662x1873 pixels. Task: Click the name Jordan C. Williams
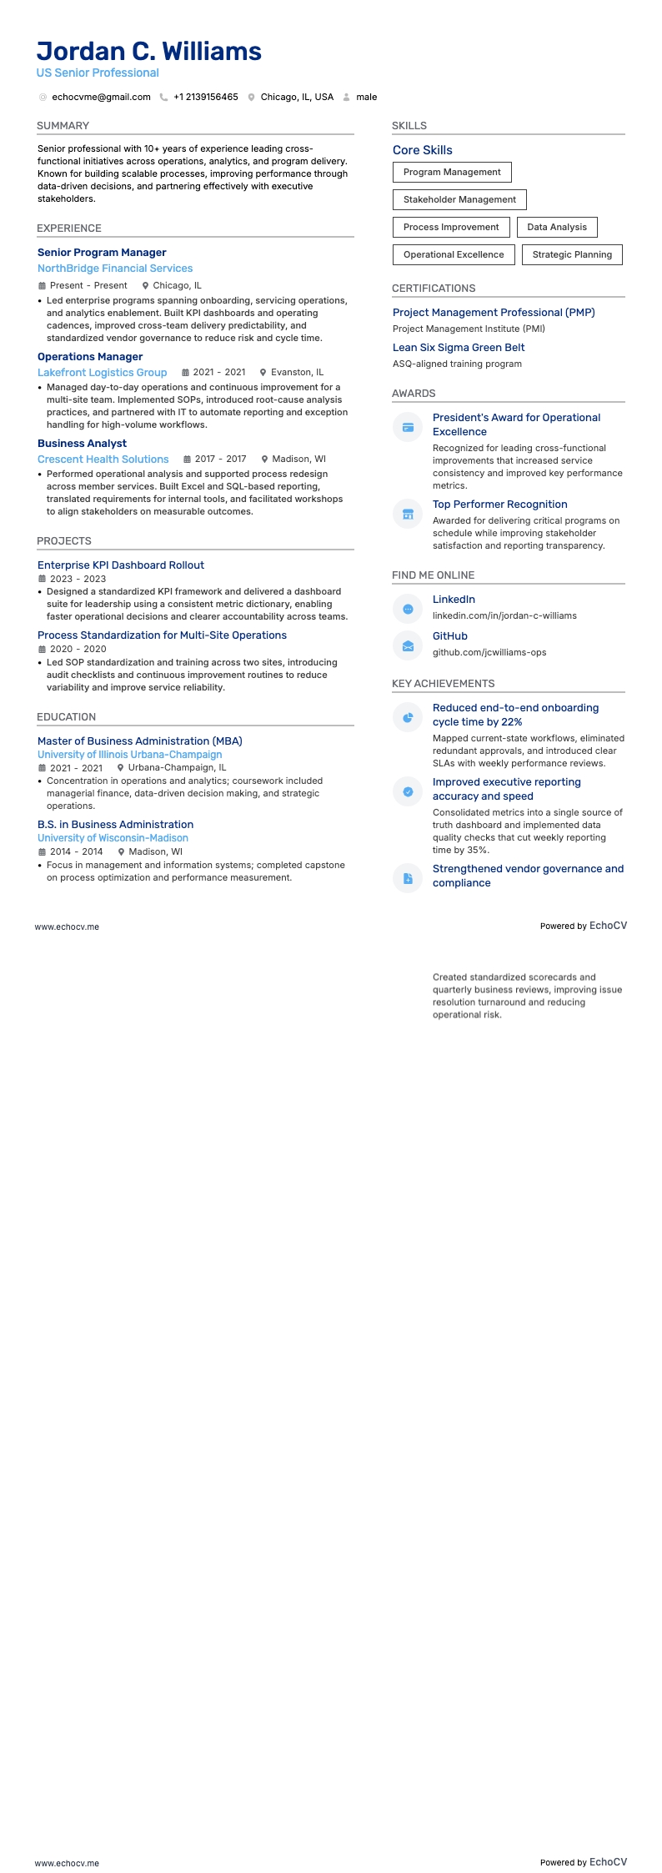[149, 52]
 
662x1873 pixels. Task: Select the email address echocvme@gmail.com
[101, 98]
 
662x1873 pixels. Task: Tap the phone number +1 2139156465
[205, 98]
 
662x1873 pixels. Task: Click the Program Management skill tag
[452, 173]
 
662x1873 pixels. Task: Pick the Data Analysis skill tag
[557, 227]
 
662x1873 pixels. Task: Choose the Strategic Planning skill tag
[572, 254]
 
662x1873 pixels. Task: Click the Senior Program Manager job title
[102, 253]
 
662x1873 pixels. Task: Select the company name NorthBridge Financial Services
[115, 269]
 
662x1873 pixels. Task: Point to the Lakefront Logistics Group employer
[102, 373]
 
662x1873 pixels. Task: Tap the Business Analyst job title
[82, 444]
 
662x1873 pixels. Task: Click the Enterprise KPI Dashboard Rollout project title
[121, 565]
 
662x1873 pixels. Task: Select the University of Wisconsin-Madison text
[113, 838]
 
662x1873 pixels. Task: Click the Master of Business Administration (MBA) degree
[140, 741]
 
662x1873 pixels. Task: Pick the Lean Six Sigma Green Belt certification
[459, 348]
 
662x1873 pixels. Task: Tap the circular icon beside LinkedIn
[408, 610]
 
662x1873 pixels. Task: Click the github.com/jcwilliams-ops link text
[489, 653]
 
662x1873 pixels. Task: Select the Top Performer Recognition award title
[499, 505]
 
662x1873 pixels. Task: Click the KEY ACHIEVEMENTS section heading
[443, 684]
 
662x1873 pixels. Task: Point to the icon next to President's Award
[408, 428]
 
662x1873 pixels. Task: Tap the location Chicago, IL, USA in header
[297, 98]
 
